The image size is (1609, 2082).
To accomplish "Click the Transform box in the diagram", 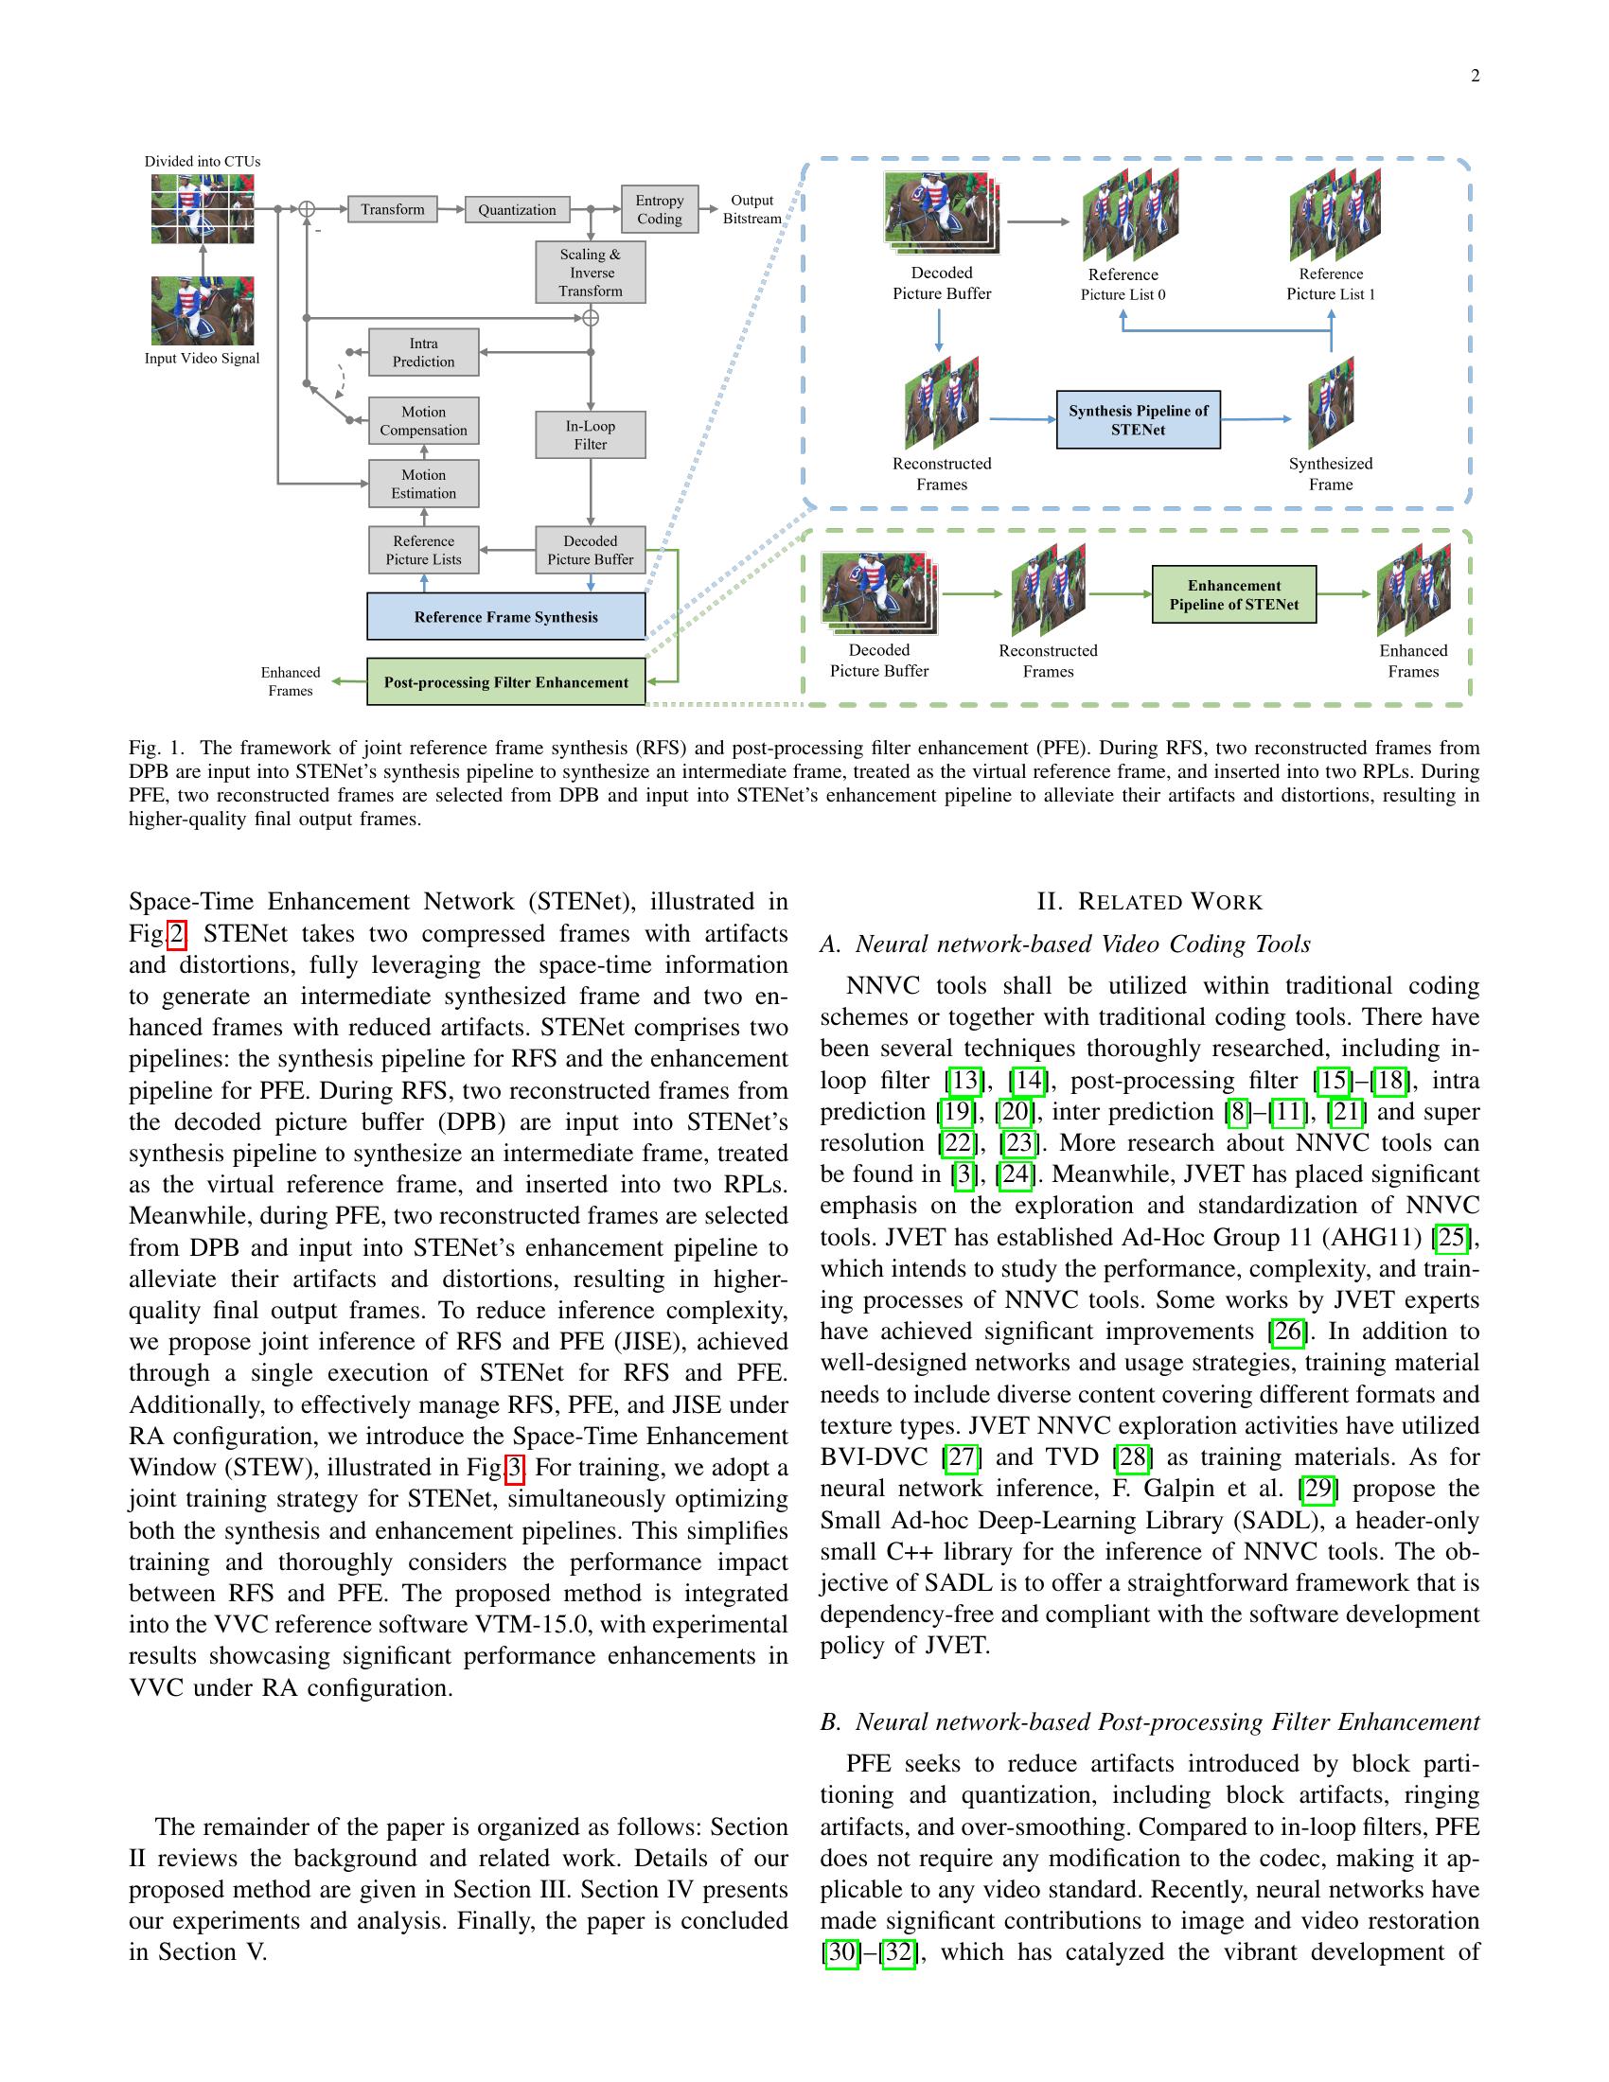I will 392,209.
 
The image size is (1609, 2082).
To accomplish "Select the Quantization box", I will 517,210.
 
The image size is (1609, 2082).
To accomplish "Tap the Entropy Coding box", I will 660,209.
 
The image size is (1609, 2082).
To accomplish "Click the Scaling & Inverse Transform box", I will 590,273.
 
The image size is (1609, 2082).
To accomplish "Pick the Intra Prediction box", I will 423,353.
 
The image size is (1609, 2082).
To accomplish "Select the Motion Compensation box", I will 423,421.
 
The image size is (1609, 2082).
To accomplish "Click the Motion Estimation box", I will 423,485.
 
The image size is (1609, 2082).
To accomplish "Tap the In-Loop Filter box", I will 590,434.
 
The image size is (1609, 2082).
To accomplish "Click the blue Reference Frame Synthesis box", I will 505,617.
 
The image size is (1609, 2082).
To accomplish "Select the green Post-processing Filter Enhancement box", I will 505,682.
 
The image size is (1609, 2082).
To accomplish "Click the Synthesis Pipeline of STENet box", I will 1137,419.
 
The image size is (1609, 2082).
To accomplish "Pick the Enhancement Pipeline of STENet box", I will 1233,595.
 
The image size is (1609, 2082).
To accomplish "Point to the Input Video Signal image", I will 203,310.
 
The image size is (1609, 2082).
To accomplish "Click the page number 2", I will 1475,77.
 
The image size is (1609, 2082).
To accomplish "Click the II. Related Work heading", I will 1149,902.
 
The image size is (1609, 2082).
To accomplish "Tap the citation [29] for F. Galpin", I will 1317,1489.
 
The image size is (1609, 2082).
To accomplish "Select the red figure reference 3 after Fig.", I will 515,1468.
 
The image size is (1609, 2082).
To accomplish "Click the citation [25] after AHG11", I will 1452,1238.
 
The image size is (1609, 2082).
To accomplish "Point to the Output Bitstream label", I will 751,210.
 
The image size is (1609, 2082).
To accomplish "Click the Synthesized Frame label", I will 1330,474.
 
